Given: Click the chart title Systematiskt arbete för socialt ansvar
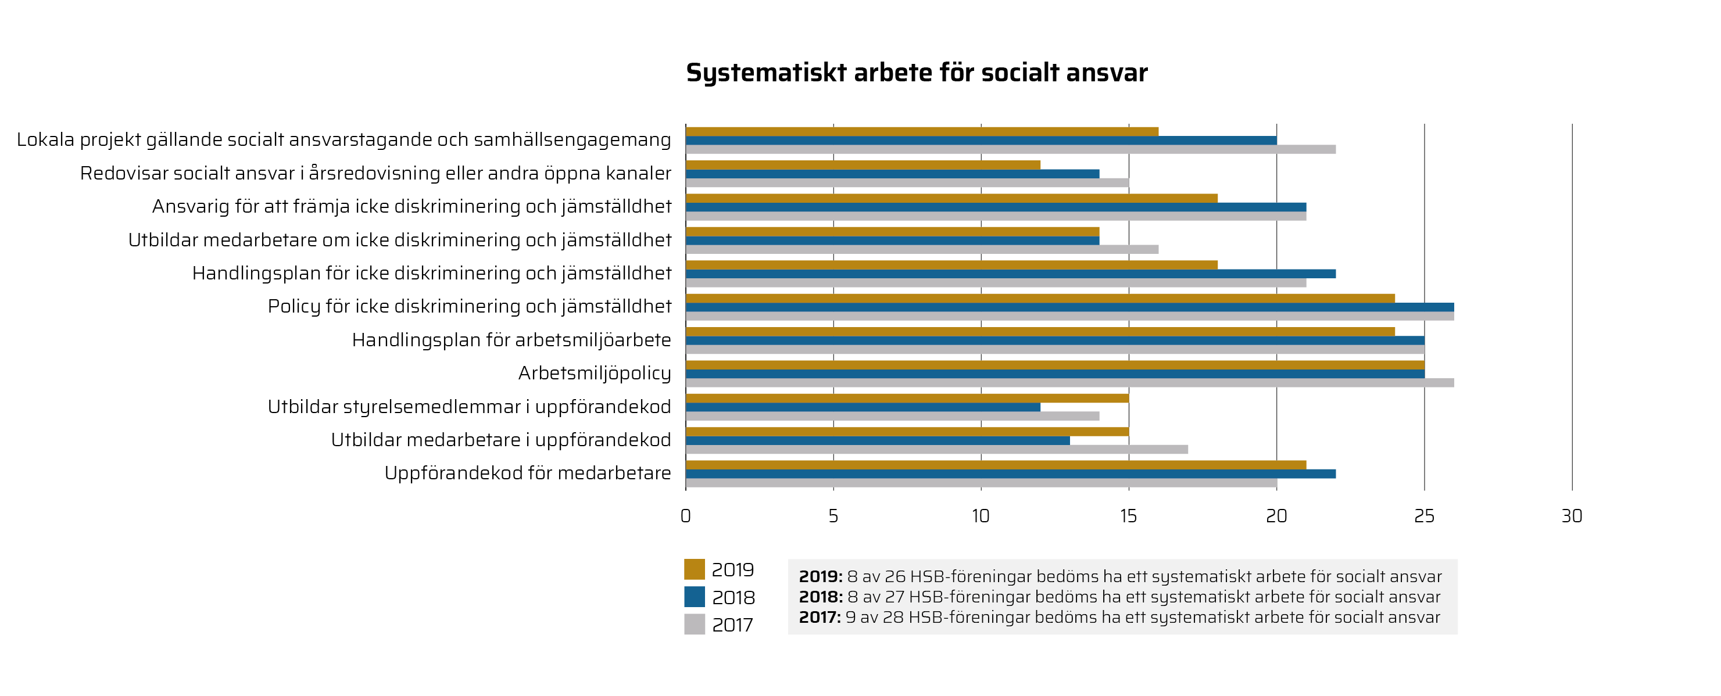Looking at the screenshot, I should point(917,73).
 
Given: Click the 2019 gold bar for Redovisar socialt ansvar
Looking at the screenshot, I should point(863,165).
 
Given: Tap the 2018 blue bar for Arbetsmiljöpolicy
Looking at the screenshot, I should point(1054,374).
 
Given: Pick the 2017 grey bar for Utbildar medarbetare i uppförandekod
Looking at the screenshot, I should point(936,450).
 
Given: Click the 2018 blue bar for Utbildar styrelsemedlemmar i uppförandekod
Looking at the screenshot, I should point(863,407).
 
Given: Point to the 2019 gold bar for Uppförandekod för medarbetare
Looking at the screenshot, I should point(996,465).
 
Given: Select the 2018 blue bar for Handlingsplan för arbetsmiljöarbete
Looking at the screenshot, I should point(1054,340).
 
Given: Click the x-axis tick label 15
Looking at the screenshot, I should point(1128,516).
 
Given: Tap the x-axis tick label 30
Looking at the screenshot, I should point(1572,516).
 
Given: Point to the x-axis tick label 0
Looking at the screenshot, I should point(685,516).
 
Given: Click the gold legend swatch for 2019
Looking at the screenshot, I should point(694,569).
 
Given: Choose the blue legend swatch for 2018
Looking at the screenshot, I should point(694,597).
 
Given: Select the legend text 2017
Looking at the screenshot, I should point(732,625).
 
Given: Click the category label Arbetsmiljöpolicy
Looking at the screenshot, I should point(594,374).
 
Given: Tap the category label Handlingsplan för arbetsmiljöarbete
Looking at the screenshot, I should point(511,340).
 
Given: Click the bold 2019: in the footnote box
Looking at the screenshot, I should point(821,576).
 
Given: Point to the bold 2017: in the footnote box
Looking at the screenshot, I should point(820,617).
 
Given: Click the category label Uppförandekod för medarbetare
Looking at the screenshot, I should point(527,473).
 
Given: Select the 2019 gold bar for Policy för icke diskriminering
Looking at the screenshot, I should point(1040,299).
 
